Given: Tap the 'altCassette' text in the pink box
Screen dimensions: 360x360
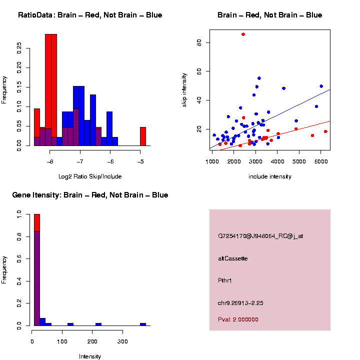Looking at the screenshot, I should click(x=233, y=258).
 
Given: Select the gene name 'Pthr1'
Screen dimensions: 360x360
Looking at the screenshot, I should click(x=225, y=280).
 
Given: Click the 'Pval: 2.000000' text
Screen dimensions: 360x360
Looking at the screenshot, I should click(x=238, y=319).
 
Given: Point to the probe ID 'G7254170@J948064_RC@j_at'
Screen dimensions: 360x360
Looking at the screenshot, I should click(x=260, y=236).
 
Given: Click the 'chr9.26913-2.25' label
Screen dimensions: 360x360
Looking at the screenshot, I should click(x=240, y=303).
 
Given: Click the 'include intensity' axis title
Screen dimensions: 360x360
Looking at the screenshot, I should click(x=269, y=176).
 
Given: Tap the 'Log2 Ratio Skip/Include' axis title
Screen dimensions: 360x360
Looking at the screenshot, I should click(x=90, y=176).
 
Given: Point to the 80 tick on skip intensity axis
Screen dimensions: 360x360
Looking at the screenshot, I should click(x=199, y=43).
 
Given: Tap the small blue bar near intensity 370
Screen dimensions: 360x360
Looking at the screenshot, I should click(x=143, y=324).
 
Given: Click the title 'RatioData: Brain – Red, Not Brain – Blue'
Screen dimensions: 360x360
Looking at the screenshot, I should click(x=90, y=15).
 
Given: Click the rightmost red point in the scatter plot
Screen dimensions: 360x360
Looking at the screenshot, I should click(x=325, y=131).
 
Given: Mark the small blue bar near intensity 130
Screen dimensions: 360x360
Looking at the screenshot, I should click(x=70, y=324).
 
